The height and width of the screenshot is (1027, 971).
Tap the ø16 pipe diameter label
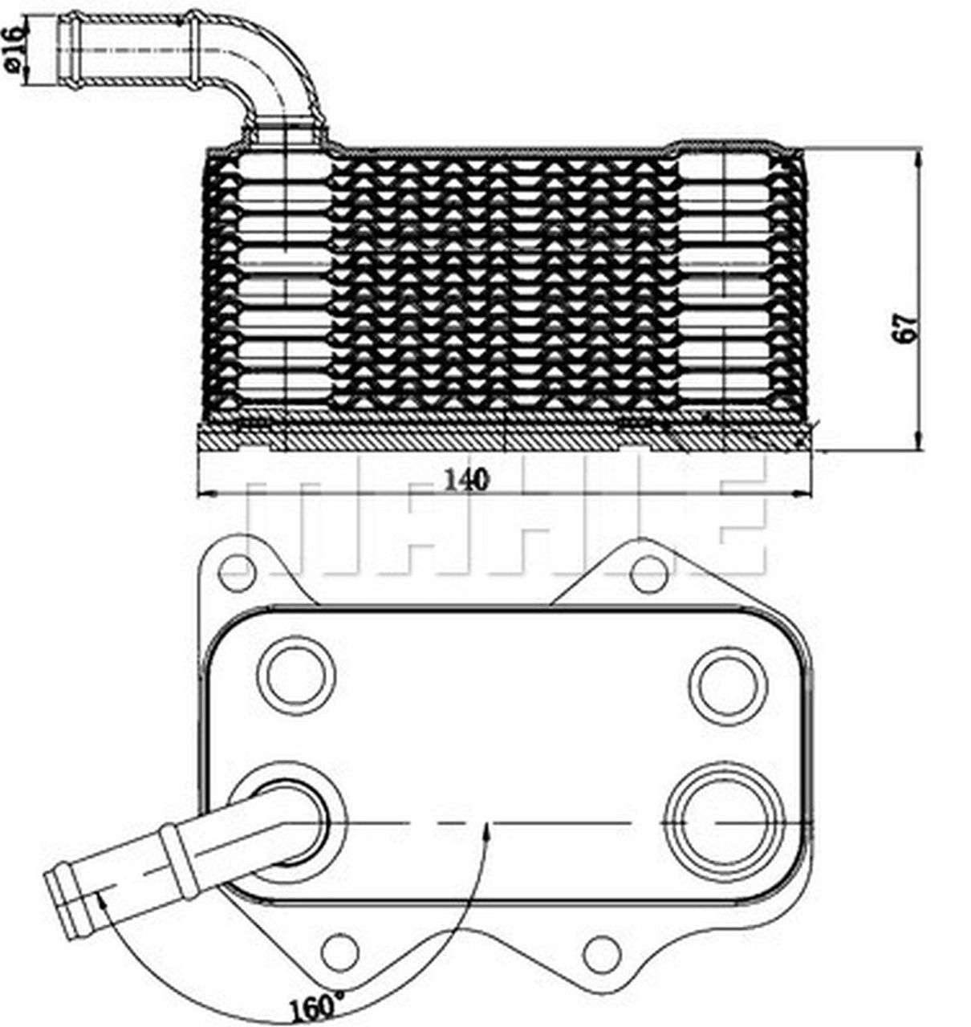pos(14,50)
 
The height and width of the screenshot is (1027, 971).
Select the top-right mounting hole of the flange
pos(648,573)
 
